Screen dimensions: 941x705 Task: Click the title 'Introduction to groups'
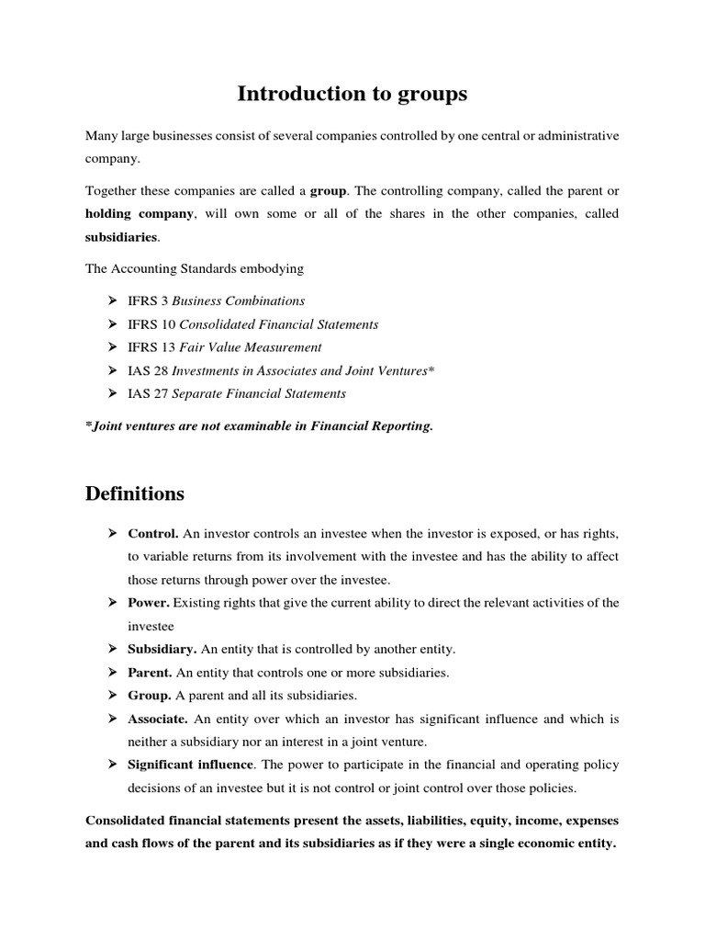[352, 93]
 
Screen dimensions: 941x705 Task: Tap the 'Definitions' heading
[134, 494]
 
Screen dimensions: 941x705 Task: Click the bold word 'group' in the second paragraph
[328, 190]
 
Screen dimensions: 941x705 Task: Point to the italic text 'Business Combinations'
[239, 300]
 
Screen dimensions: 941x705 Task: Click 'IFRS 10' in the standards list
[151, 324]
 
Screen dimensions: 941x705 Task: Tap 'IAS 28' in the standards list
[148, 370]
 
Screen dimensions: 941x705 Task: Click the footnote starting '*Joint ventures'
[258, 427]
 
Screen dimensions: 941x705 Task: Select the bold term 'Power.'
[148, 603]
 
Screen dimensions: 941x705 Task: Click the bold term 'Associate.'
[158, 719]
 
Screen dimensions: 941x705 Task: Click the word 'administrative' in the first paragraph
[577, 136]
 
